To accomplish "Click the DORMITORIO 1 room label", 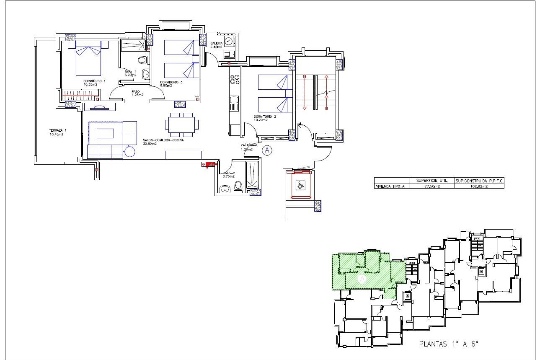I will pos(94,83).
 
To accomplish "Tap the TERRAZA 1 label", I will pos(58,132).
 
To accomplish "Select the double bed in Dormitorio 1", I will pos(88,60).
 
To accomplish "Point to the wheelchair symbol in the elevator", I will pos(300,185).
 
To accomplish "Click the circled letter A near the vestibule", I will pos(267,150).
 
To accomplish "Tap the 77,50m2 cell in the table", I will pos(432,186).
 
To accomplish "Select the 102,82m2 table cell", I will pos(479,186).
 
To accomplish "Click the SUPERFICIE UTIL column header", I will pos(432,181).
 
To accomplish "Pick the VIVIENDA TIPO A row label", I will pos(390,186).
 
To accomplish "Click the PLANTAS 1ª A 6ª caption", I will pos(448,344).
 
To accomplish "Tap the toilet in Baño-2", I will pos(238,186).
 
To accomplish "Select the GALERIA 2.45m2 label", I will pos(216,45).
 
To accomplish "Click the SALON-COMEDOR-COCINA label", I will pos(163,142).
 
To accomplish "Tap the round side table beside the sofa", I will pos(130,152).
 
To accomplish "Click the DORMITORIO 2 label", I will pos(265,118).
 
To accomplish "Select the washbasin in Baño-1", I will pos(146,74).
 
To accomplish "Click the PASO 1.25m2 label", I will pos(137,93).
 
